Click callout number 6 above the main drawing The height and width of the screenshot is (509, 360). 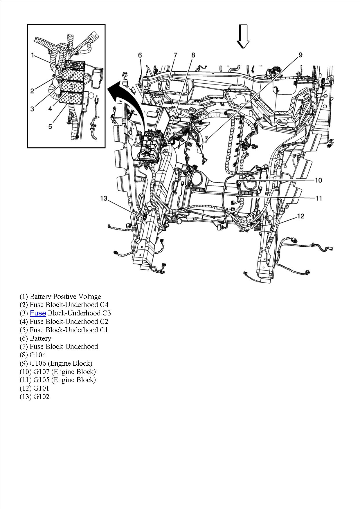coord(140,55)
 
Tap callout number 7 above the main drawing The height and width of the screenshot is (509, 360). coord(175,55)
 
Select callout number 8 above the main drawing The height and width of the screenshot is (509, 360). coord(193,55)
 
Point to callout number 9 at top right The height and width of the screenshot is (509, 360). coord(300,55)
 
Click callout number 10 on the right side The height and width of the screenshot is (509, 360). coord(318,180)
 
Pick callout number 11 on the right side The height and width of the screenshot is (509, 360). coord(318,198)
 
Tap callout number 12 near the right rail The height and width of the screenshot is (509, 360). coord(300,216)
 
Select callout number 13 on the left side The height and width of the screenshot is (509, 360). coord(104,198)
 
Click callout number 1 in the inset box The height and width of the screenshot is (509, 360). coord(33,55)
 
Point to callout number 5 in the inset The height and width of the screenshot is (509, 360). coord(50,127)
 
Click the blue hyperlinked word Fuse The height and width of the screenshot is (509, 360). coord(38,313)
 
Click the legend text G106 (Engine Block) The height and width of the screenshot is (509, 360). coord(56,363)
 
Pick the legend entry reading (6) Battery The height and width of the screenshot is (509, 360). coord(35,338)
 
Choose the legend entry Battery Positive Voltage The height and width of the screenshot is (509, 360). coord(60,297)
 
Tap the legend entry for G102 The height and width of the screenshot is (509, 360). coord(34,397)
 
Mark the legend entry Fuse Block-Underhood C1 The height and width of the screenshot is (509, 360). coord(64,330)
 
